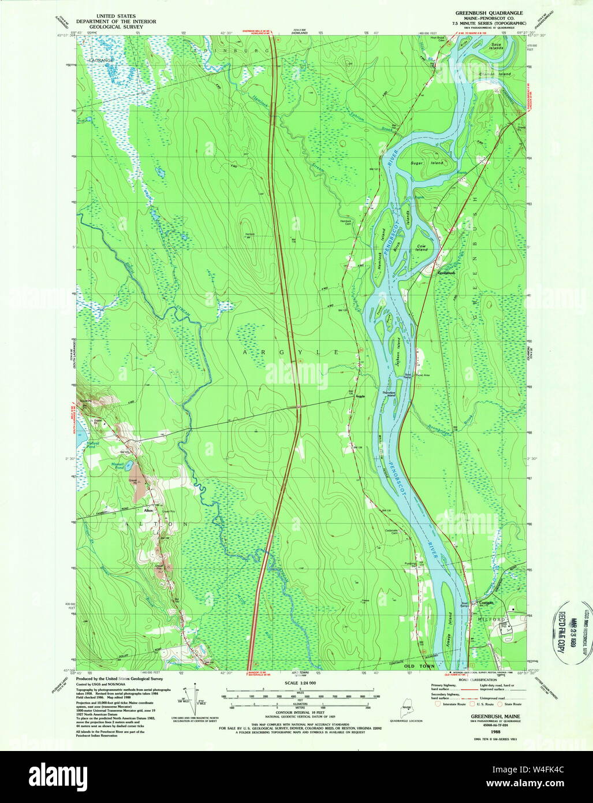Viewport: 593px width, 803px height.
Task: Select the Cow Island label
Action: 422,247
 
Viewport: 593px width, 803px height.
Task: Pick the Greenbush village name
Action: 446,273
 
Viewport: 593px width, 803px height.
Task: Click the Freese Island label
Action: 449,640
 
